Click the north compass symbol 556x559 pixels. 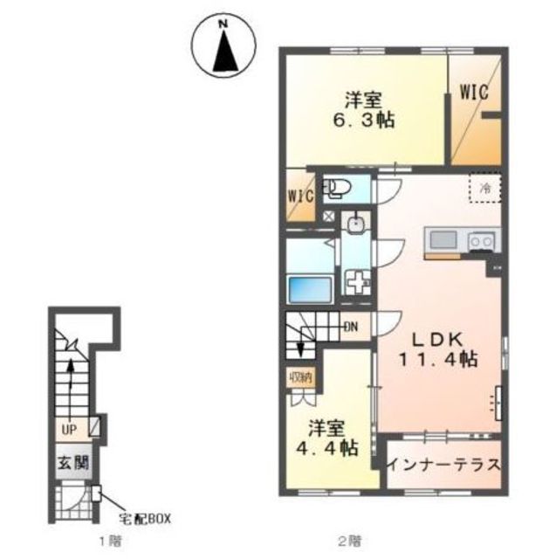tap(223, 45)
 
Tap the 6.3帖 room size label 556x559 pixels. tap(364, 121)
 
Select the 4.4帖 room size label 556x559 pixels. tap(327, 448)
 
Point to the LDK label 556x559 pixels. tap(437, 340)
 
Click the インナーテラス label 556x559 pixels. tap(444, 465)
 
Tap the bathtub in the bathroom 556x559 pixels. tap(310, 289)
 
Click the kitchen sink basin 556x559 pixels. tap(443, 240)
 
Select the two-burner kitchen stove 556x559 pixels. tap(482, 242)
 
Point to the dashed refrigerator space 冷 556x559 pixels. tap(484, 188)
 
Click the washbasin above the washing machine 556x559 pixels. tap(355, 224)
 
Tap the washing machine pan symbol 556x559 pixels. tap(356, 281)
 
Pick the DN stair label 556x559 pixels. tap(351, 327)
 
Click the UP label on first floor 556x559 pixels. tap(69, 430)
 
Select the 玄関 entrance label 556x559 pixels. tap(73, 463)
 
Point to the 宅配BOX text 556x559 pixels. tap(145, 519)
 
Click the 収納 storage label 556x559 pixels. tap(301, 376)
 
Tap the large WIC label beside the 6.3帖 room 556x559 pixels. tap(474, 93)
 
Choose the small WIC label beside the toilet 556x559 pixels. tap(300, 197)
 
